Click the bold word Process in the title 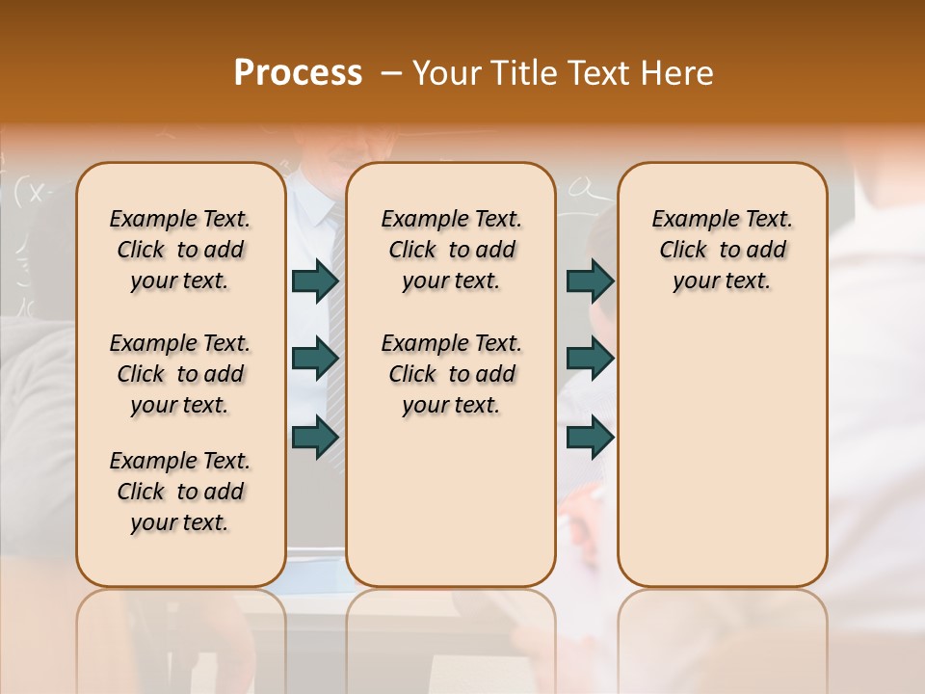coord(298,73)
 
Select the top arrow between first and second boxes coord(315,280)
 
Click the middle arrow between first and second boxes coord(315,359)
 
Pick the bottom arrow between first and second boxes coord(315,438)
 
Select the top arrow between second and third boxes coord(590,280)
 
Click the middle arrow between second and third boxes coord(590,359)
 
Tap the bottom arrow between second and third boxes coord(590,438)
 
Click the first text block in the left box coord(180,250)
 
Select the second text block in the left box coord(180,374)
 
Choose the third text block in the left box coord(180,492)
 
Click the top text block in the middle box coord(451,250)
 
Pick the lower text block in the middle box coord(451,374)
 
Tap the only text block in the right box coord(722,250)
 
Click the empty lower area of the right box coord(722,463)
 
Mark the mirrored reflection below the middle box coord(451,636)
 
